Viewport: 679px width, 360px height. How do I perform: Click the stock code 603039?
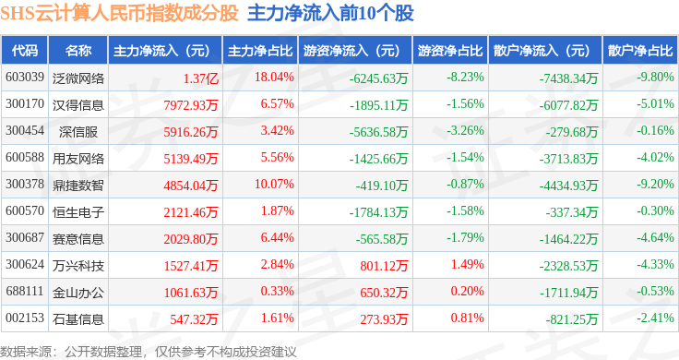(x=25, y=78)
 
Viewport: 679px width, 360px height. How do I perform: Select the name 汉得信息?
(x=78, y=105)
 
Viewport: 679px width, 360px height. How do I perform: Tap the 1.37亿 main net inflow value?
(x=200, y=78)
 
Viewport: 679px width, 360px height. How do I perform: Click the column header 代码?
(x=25, y=51)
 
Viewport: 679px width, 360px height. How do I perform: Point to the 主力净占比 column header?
(x=260, y=51)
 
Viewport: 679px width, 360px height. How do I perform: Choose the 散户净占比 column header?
(x=640, y=51)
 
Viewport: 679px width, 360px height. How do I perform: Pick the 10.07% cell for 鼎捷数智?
(x=274, y=184)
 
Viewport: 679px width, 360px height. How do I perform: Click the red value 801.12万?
(x=384, y=266)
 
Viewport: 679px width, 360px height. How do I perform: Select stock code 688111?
(x=25, y=291)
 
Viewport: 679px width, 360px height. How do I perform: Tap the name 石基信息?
(x=78, y=319)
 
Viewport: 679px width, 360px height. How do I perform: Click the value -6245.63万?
(x=378, y=78)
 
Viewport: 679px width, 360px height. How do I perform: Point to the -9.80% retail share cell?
(x=655, y=78)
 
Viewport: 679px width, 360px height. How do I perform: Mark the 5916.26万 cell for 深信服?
(x=191, y=132)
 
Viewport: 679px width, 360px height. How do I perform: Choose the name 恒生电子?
(x=78, y=212)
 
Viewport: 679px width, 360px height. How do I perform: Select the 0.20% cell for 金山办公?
(x=467, y=291)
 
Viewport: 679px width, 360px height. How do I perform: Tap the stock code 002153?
(x=25, y=318)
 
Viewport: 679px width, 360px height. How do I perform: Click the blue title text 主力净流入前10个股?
(x=330, y=13)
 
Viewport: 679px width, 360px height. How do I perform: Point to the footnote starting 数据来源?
(x=149, y=352)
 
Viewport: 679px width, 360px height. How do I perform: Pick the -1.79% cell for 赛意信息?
(x=465, y=237)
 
